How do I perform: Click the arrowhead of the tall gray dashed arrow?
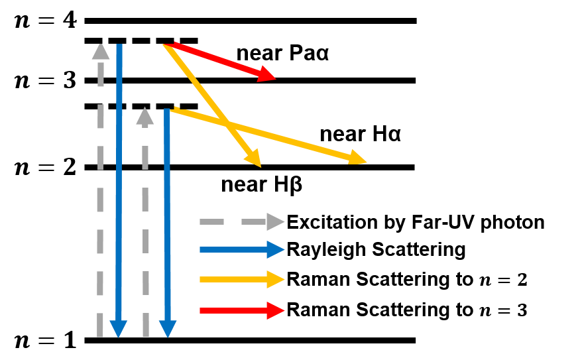[101, 52]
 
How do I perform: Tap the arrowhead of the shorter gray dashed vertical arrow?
[145, 117]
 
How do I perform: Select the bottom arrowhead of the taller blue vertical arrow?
[119, 328]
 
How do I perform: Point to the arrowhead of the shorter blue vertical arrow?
[168, 328]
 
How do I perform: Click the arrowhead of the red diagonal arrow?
[268, 74]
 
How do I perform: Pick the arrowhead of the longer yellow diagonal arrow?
[358, 158]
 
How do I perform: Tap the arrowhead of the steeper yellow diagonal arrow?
[253, 158]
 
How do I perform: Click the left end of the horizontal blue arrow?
[202, 250]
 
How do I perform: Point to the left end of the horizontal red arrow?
[202, 310]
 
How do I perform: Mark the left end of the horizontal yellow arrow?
[202, 279]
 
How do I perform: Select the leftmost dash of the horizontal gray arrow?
[211, 221]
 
